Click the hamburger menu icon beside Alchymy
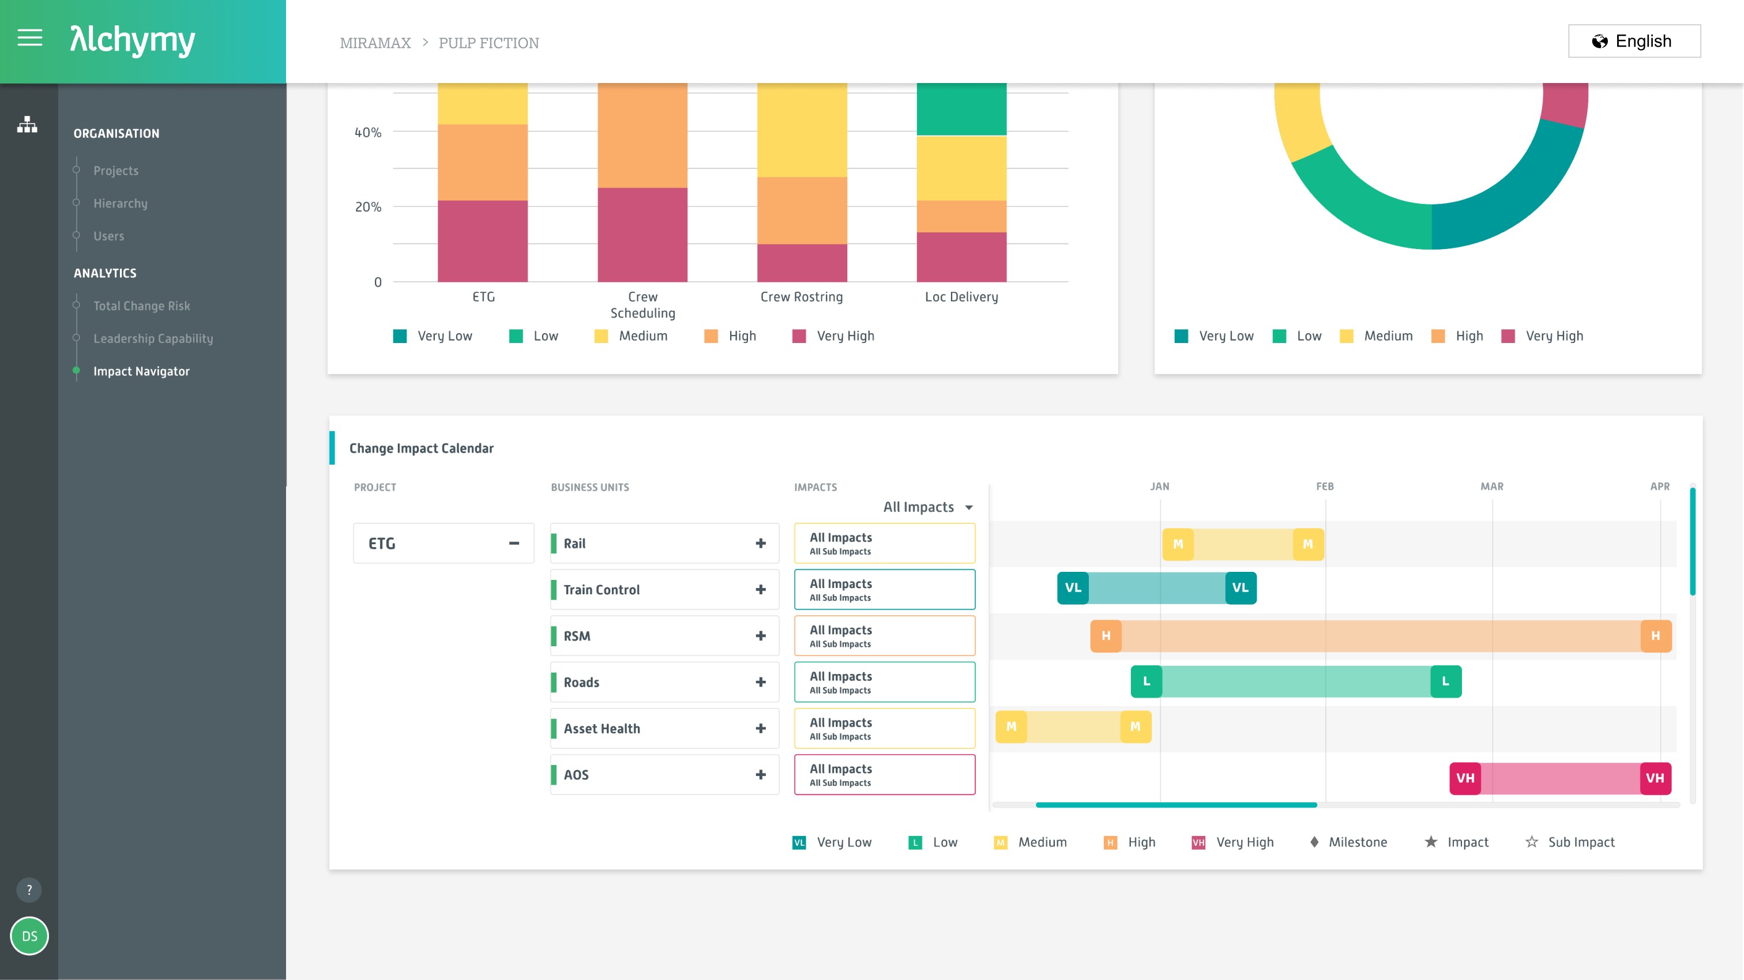tap(30, 39)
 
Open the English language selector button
tap(1634, 42)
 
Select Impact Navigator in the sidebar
tap(141, 371)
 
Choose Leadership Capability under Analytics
tap(153, 338)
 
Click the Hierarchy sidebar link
tap(120, 203)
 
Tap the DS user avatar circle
tap(29, 936)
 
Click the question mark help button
tap(29, 890)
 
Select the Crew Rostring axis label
tap(801, 297)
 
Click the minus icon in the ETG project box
tap(514, 543)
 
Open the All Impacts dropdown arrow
tap(969, 508)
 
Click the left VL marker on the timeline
tap(1072, 587)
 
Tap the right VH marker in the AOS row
tap(1655, 778)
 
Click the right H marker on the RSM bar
tap(1655, 635)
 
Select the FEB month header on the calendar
tap(1324, 487)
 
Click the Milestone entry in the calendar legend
tap(1357, 842)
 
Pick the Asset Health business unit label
tap(601, 728)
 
